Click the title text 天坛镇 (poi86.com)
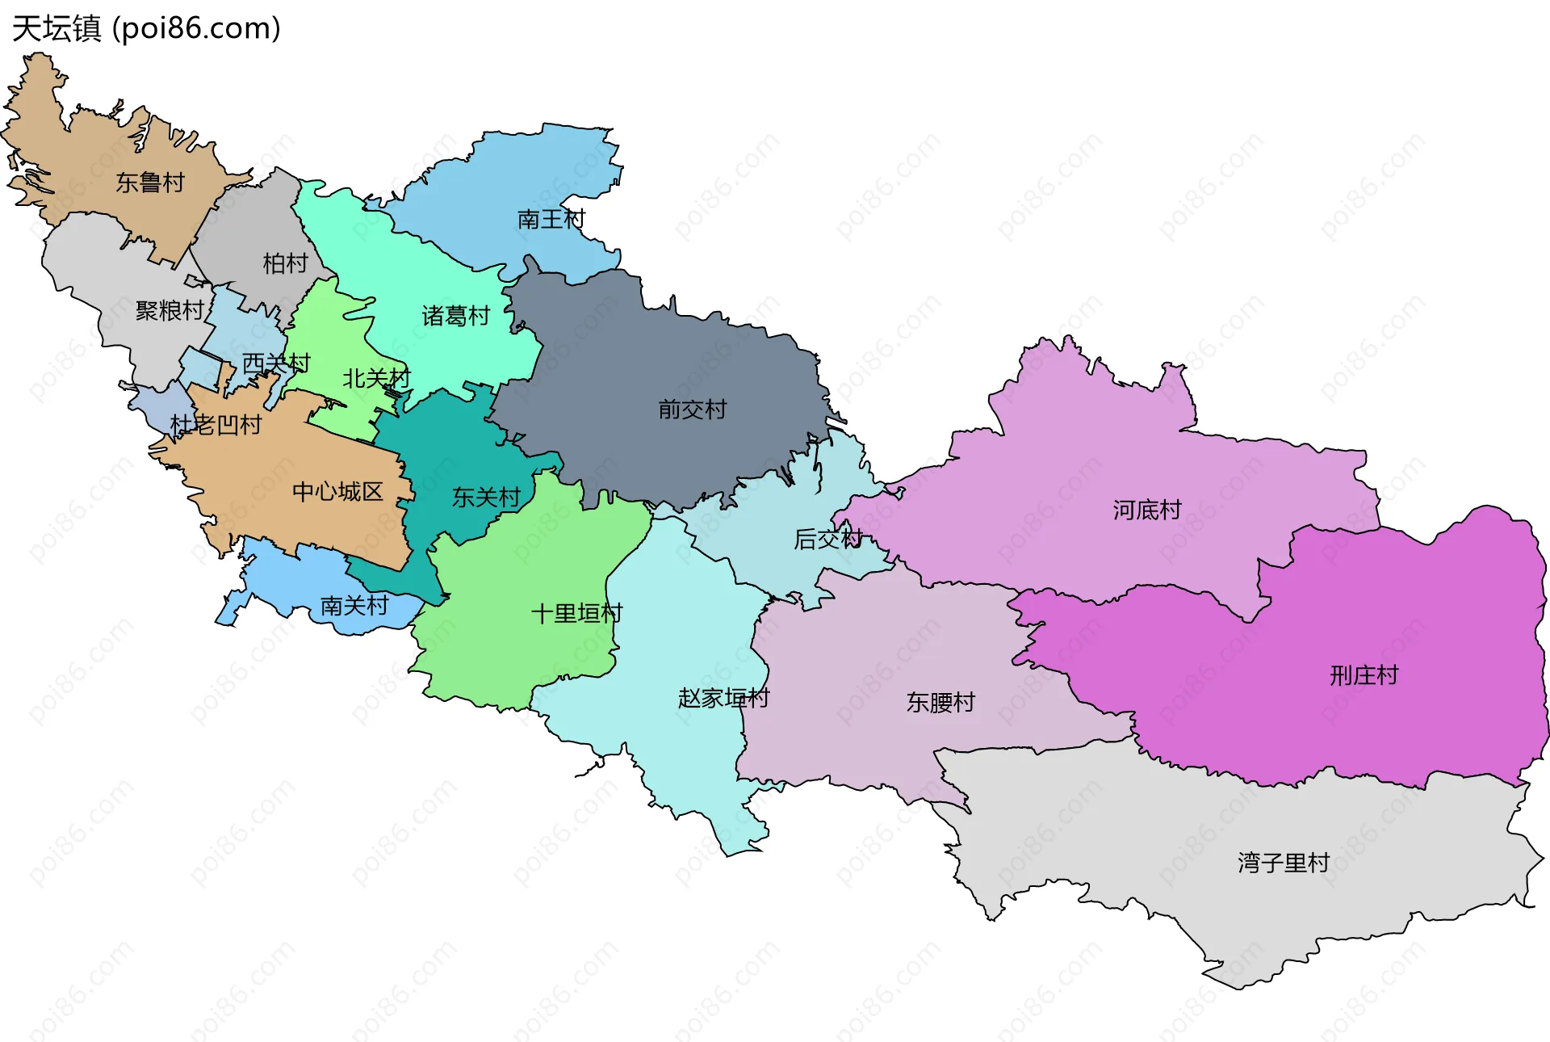point(146,29)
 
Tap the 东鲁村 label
point(150,183)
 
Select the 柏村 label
point(285,263)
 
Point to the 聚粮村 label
point(170,310)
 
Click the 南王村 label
point(551,219)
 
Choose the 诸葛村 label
point(456,316)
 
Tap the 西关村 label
point(276,363)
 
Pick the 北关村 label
point(376,378)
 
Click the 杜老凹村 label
point(216,425)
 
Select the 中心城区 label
point(337,491)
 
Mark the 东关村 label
point(486,497)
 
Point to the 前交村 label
point(692,410)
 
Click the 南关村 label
point(354,605)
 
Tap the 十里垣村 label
point(576,613)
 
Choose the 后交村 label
point(828,539)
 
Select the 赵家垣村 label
point(723,698)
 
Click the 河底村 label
point(1146,510)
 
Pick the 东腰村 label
point(940,702)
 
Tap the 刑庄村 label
point(1364,674)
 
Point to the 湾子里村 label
point(1283,863)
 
